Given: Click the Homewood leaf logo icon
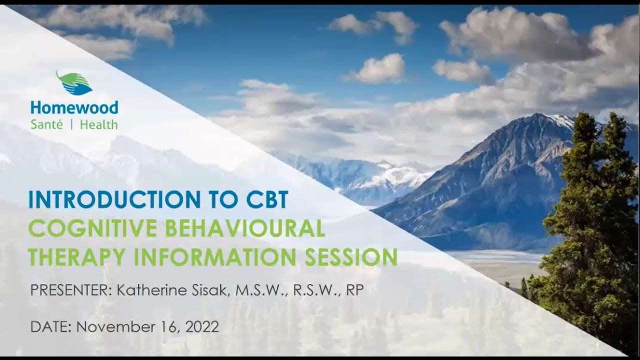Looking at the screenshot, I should click(74, 83).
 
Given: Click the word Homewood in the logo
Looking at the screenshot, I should click(74, 107).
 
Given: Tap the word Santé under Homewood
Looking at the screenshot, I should click(46, 124).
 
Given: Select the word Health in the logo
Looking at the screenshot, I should click(98, 124).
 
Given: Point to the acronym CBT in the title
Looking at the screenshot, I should click(267, 199).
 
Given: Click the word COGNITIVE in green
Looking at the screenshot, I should click(93, 228).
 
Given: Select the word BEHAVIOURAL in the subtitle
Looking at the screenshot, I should click(245, 228).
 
